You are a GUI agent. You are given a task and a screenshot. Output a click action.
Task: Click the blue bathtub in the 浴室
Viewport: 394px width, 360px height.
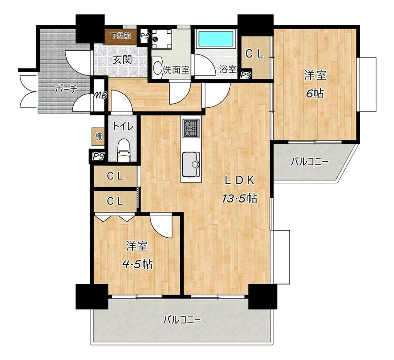pos(217,39)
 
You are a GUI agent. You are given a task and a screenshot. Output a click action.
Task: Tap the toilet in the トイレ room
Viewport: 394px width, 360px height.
pos(123,151)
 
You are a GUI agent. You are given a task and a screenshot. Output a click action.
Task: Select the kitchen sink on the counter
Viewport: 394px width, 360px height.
pos(191,165)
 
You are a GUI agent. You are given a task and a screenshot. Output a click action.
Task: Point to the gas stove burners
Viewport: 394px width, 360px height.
pos(191,128)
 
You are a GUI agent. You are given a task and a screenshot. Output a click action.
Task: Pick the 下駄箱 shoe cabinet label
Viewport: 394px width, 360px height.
pos(121,36)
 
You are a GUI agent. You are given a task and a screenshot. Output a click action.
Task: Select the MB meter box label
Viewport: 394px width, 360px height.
pos(100,96)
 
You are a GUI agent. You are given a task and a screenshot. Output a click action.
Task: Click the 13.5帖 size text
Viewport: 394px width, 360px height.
pos(240,199)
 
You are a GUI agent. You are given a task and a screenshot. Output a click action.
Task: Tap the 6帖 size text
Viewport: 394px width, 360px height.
pos(315,94)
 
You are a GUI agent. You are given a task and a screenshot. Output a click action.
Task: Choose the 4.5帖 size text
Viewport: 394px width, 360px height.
pos(137,264)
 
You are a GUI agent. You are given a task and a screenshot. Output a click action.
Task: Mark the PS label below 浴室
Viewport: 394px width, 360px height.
pos(245,75)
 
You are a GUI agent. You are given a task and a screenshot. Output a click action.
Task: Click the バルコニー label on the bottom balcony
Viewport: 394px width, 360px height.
pos(182,320)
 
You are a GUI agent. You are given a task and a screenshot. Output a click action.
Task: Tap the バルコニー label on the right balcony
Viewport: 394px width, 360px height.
pos(309,162)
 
